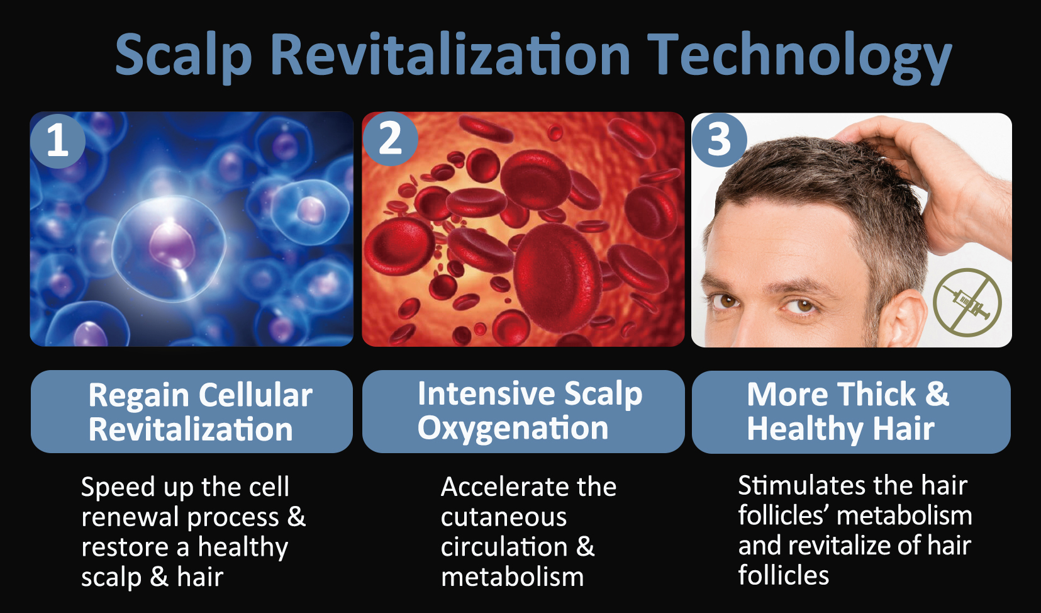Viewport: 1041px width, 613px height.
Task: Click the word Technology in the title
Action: click(x=799, y=57)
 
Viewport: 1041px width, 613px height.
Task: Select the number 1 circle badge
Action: click(x=58, y=140)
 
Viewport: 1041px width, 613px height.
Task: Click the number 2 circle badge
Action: click(x=390, y=138)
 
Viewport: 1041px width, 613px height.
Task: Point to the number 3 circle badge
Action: click(x=719, y=140)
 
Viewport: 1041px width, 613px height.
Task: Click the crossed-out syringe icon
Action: click(x=967, y=302)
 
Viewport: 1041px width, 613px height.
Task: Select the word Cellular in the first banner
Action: click(x=255, y=395)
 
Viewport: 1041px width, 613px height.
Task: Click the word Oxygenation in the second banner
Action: click(x=513, y=429)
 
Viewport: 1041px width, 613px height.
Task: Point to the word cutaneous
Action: click(x=504, y=517)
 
